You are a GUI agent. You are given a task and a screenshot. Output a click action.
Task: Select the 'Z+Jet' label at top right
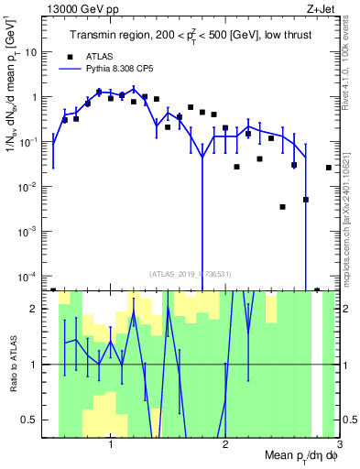coord(322,8)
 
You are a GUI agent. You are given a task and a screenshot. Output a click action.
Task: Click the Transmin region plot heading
coord(190,35)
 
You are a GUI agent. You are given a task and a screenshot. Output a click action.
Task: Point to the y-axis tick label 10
coord(38,52)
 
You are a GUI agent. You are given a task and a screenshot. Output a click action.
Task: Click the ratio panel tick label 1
coord(43,365)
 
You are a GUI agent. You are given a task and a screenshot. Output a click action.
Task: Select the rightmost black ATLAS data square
coord(329,168)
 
